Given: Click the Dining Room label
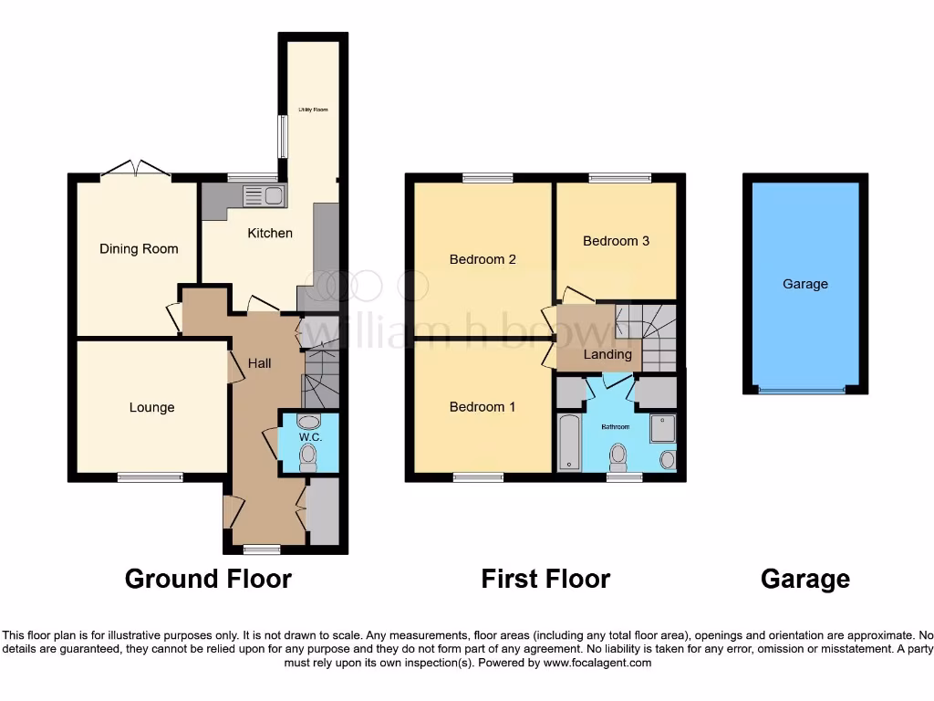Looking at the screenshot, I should pos(139,249).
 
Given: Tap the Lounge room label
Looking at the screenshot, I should pos(151,407).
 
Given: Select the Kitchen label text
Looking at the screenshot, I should pos(270,233).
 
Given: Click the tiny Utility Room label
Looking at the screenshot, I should pos(313,110).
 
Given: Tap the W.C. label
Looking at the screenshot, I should pos(310,437).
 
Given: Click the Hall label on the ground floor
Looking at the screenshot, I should pos(260,363).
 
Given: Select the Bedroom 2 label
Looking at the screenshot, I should pos(483,259).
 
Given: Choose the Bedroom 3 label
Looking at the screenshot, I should pos(617,241).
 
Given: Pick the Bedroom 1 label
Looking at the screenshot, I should pos(483,407).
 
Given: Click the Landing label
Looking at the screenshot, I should pos(607,354).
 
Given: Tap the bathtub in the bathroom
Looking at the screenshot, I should pos(568,442).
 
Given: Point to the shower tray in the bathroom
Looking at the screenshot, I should pos(663,428).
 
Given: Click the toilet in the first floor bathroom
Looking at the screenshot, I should pos(619,454).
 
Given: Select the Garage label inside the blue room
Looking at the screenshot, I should pos(805,284).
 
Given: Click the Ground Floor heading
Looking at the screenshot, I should pos(208,579).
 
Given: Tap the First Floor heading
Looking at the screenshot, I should pos(545,579).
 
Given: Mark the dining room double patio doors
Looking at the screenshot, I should pos(135,171).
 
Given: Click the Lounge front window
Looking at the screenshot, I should pos(150,476).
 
